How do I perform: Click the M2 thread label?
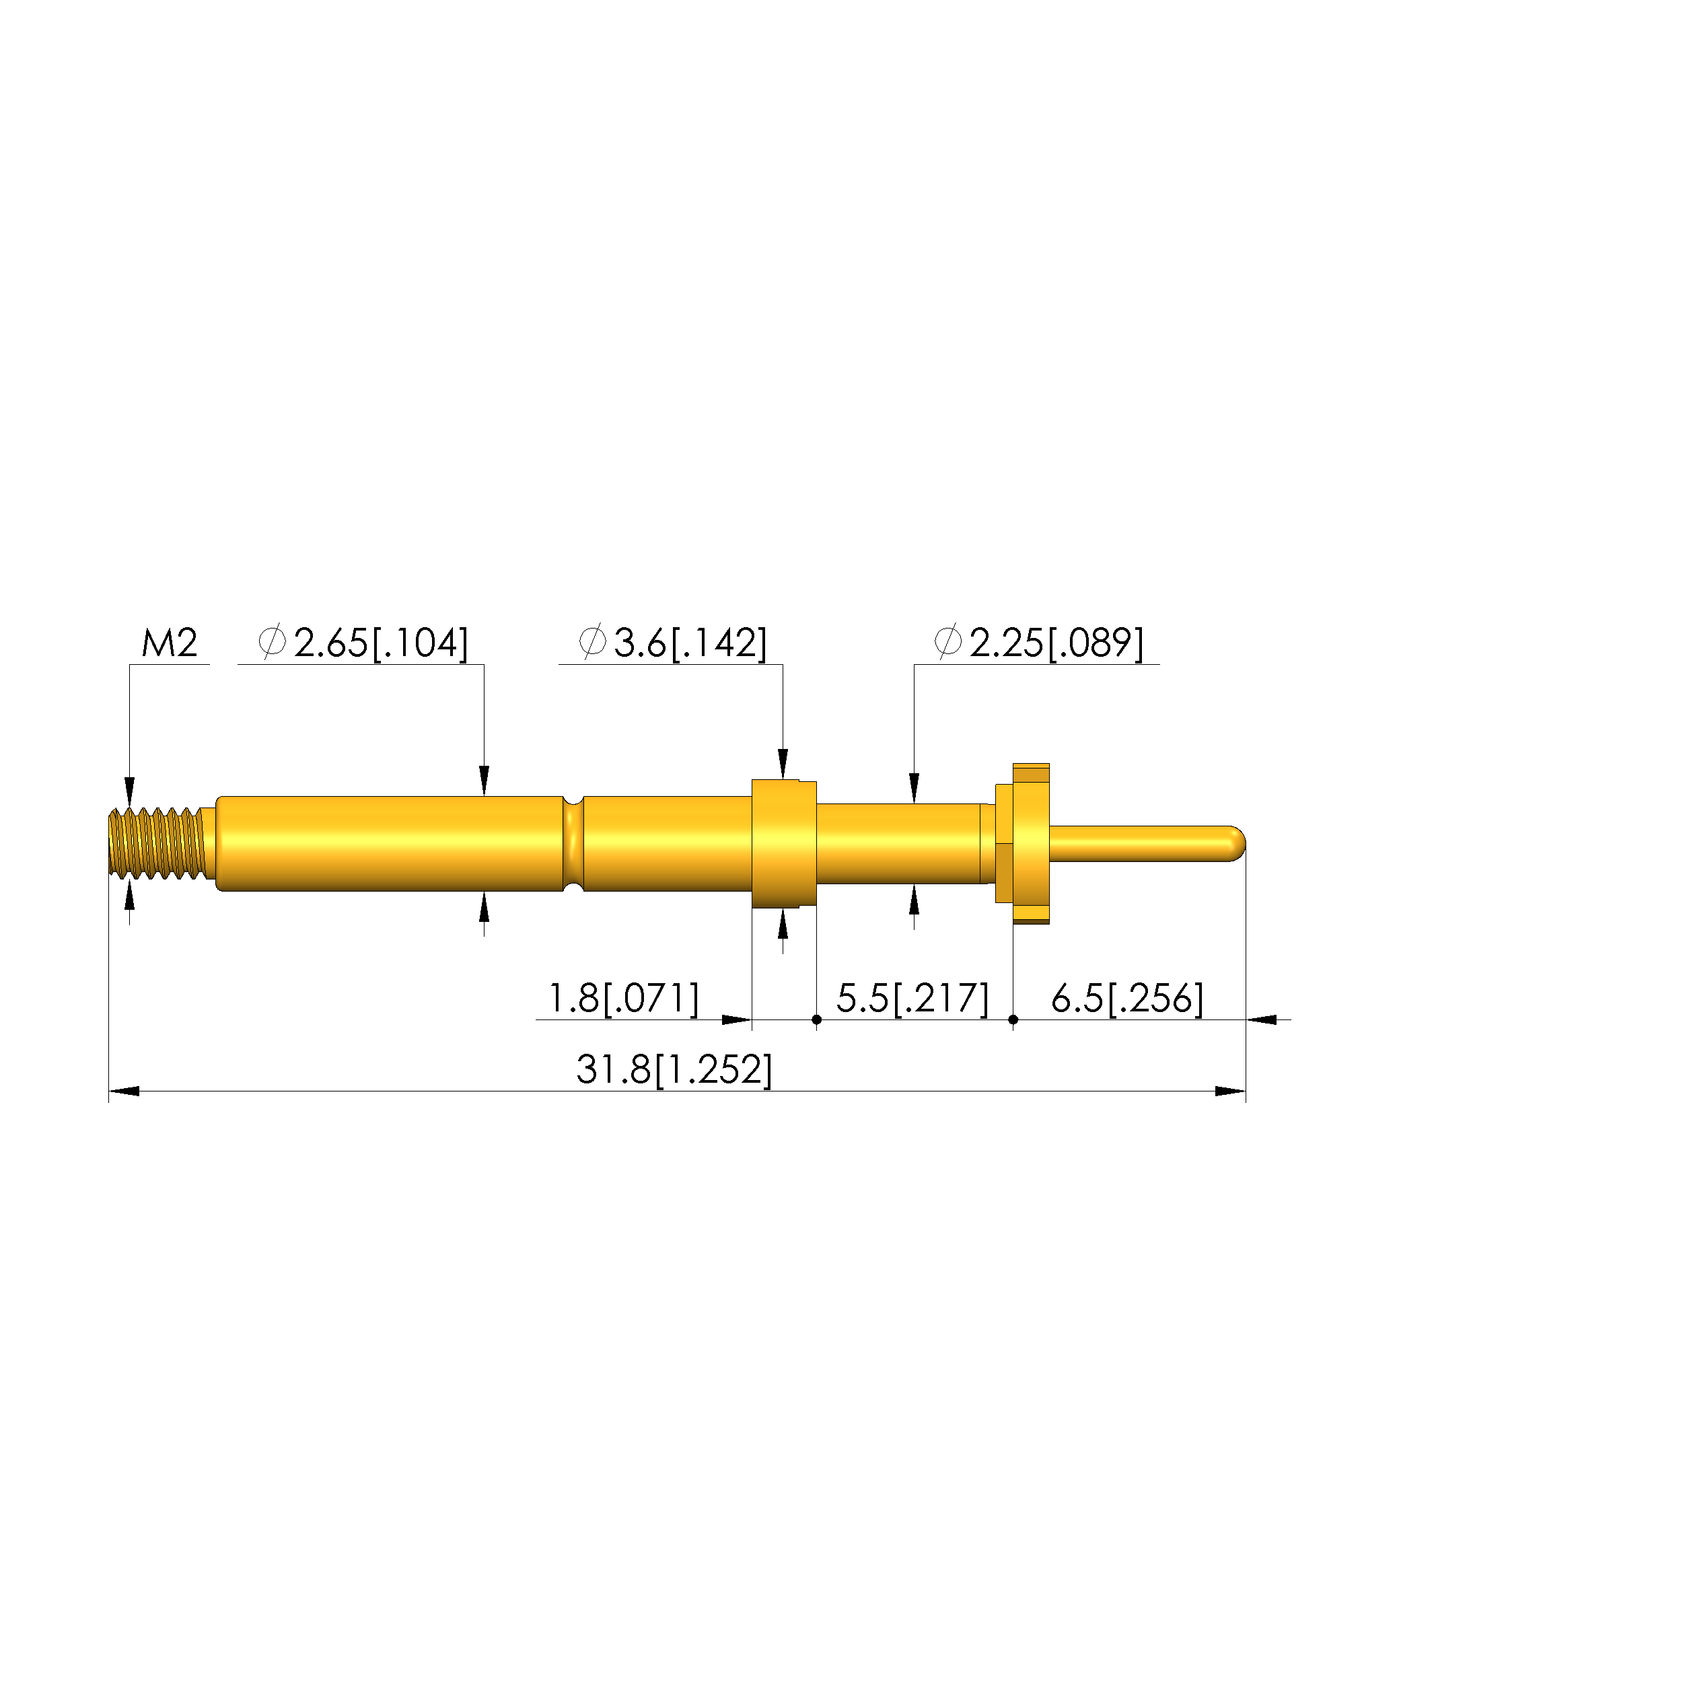point(170,643)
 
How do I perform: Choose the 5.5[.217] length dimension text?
point(912,999)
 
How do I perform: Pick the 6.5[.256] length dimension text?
point(1127,999)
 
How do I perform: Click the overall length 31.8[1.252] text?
point(674,1070)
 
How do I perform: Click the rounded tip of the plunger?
point(1237,843)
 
